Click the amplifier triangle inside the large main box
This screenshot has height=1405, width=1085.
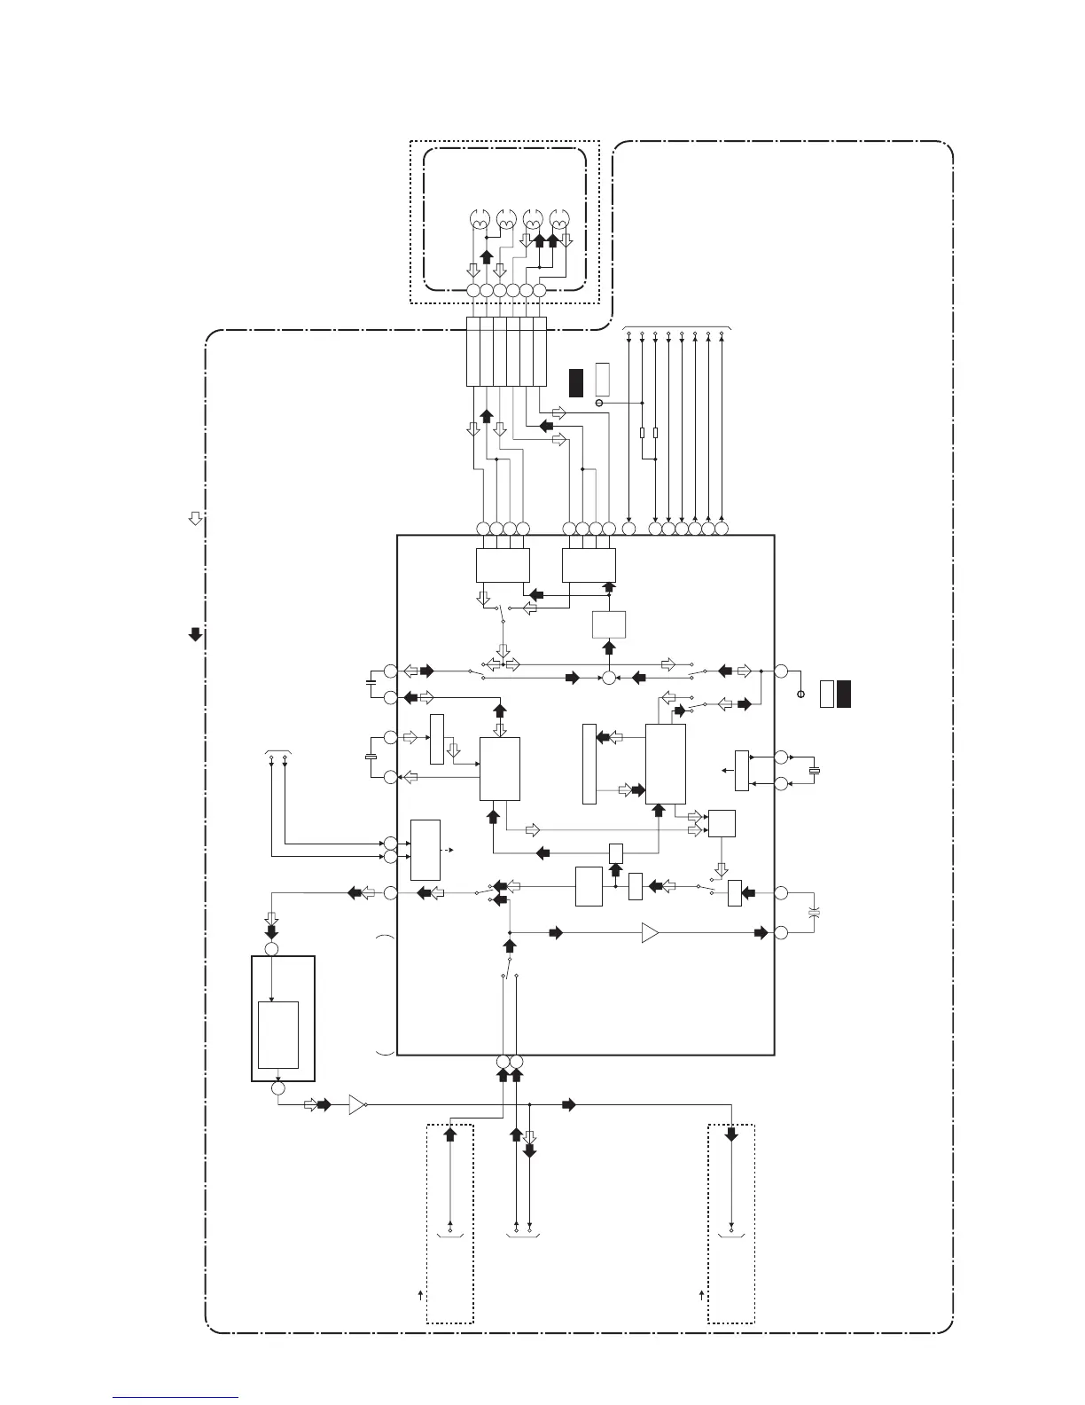[650, 933]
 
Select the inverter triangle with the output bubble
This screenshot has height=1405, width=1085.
[357, 1105]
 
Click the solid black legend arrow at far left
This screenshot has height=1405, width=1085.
[196, 634]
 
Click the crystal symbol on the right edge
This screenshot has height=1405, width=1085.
[816, 770]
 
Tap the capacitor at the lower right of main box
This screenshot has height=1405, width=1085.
[815, 913]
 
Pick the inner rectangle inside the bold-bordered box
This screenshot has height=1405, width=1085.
[277, 1034]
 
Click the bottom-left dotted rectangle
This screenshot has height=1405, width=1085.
[449, 1223]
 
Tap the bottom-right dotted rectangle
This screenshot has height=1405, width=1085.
[731, 1223]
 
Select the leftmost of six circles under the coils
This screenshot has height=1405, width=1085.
[472, 291]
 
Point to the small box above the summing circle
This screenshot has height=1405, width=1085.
[609, 624]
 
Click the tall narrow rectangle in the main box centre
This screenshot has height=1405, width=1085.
[589, 764]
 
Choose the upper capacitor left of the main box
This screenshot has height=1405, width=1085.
[370, 682]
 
